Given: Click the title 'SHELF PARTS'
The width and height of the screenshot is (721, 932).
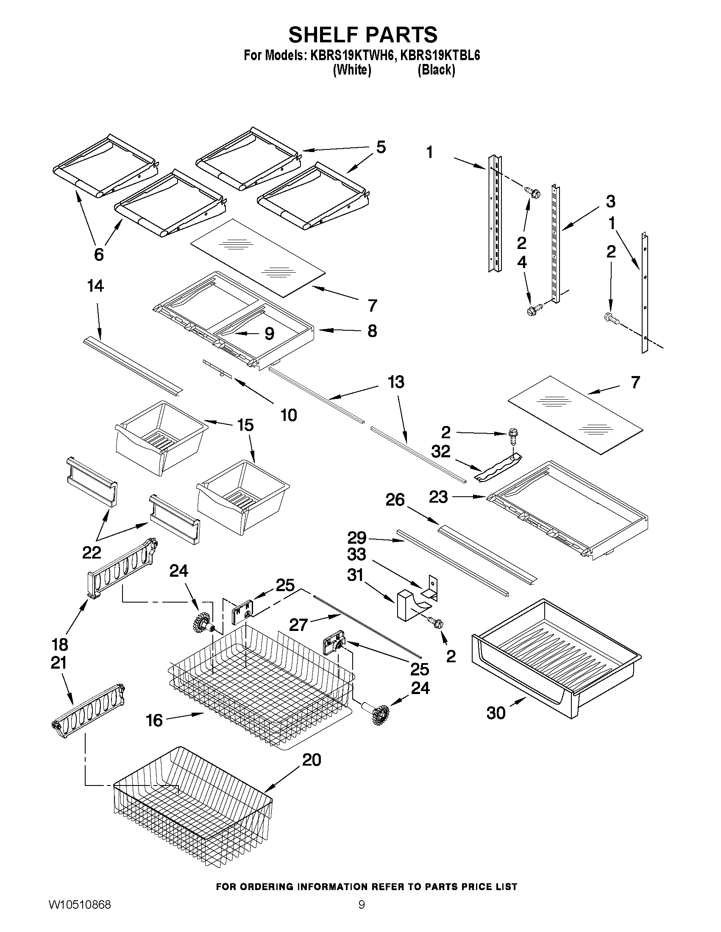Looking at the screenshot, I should pyautogui.click(x=363, y=35).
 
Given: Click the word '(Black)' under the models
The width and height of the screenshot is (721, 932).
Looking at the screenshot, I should pyautogui.click(x=436, y=69).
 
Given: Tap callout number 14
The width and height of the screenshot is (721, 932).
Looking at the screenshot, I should pyautogui.click(x=95, y=286).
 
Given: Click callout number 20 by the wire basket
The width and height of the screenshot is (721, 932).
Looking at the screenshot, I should pyautogui.click(x=312, y=760).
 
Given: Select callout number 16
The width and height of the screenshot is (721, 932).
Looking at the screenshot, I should pyautogui.click(x=154, y=720).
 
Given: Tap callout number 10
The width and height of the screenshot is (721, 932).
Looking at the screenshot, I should pyautogui.click(x=289, y=415).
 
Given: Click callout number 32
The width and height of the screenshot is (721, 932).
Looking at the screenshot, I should pyautogui.click(x=440, y=451).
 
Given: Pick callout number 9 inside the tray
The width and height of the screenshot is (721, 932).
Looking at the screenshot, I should pyautogui.click(x=269, y=334).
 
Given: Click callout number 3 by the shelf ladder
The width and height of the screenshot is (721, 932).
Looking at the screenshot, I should pyautogui.click(x=610, y=201).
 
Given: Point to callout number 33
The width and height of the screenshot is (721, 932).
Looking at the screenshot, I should pyautogui.click(x=356, y=554).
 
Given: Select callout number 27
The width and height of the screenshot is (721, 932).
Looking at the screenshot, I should pyautogui.click(x=298, y=625).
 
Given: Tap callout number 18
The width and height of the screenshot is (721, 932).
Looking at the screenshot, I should pyautogui.click(x=60, y=644).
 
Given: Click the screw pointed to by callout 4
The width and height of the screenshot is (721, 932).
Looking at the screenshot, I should pyautogui.click(x=534, y=309).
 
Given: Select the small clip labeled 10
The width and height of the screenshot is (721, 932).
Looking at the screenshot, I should pyautogui.click(x=218, y=368).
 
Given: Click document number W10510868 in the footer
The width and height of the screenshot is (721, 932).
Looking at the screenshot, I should pyautogui.click(x=80, y=915).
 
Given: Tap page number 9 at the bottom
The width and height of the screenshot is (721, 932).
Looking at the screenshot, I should pyautogui.click(x=362, y=915).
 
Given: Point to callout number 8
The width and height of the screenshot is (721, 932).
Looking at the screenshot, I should pyautogui.click(x=372, y=331).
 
